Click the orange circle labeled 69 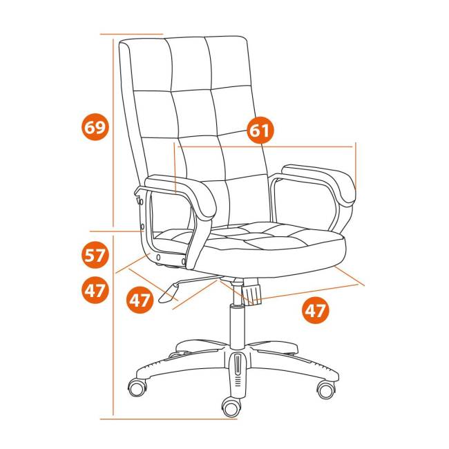95,126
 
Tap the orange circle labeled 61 260,130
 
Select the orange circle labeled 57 95,255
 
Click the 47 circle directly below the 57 95,290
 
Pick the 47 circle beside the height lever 140,300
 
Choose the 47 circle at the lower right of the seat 316,310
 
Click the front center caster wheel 231,407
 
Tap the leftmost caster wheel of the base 137,388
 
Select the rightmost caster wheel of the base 326,389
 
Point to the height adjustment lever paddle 169,293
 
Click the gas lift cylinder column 238,327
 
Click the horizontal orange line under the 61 265,146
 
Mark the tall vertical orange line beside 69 113,133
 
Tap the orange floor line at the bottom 169,419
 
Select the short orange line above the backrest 131,34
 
